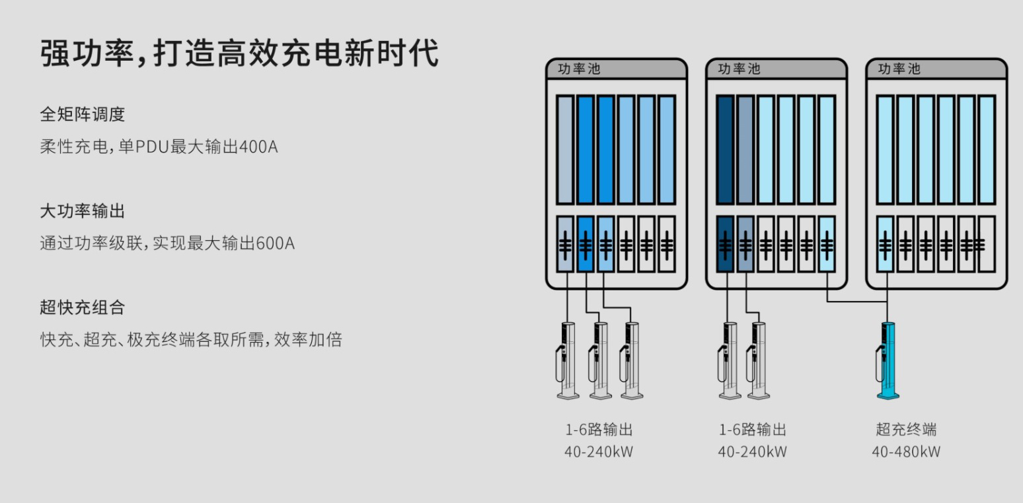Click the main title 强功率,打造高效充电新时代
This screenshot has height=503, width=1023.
(239, 53)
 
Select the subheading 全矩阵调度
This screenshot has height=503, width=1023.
(83, 114)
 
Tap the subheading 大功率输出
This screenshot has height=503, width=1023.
(83, 211)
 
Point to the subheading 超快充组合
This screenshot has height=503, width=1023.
(83, 308)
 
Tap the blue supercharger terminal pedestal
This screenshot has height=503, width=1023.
(887, 360)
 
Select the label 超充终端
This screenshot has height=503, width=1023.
(906, 430)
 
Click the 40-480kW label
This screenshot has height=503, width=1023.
(906, 452)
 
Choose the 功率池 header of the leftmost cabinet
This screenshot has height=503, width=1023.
(579, 69)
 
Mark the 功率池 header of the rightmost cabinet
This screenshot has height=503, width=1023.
(899, 69)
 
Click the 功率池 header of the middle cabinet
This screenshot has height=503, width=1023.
(739, 69)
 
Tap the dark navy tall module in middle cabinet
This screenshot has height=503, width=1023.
(726, 149)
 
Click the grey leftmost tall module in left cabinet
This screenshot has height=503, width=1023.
(565, 149)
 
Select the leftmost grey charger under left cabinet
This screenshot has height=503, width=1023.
(568, 360)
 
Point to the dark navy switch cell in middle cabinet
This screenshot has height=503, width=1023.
(726, 244)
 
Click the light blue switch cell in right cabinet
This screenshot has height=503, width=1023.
(886, 244)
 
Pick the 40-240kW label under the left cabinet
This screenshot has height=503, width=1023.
(599, 452)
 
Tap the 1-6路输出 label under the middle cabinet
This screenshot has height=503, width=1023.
(753, 430)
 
